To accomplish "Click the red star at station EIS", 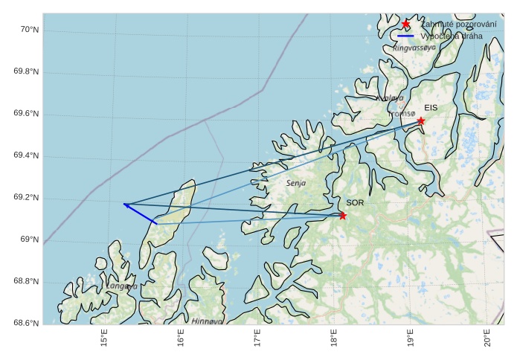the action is [x=421, y=120].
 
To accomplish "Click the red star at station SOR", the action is [x=343, y=216].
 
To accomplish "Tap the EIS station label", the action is [x=431, y=108].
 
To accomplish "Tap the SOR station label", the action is [x=355, y=202].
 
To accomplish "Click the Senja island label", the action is [x=296, y=182].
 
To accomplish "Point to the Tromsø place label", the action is [x=402, y=114].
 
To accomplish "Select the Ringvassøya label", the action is [x=414, y=48].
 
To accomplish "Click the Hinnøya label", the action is [x=207, y=321].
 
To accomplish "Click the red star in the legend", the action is [x=405, y=25].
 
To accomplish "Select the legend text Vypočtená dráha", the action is [x=451, y=36].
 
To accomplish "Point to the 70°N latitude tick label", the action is [x=29, y=30].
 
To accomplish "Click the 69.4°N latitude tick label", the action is [x=26, y=155].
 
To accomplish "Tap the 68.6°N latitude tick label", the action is [x=26, y=323].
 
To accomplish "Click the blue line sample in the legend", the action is [x=405, y=36].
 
